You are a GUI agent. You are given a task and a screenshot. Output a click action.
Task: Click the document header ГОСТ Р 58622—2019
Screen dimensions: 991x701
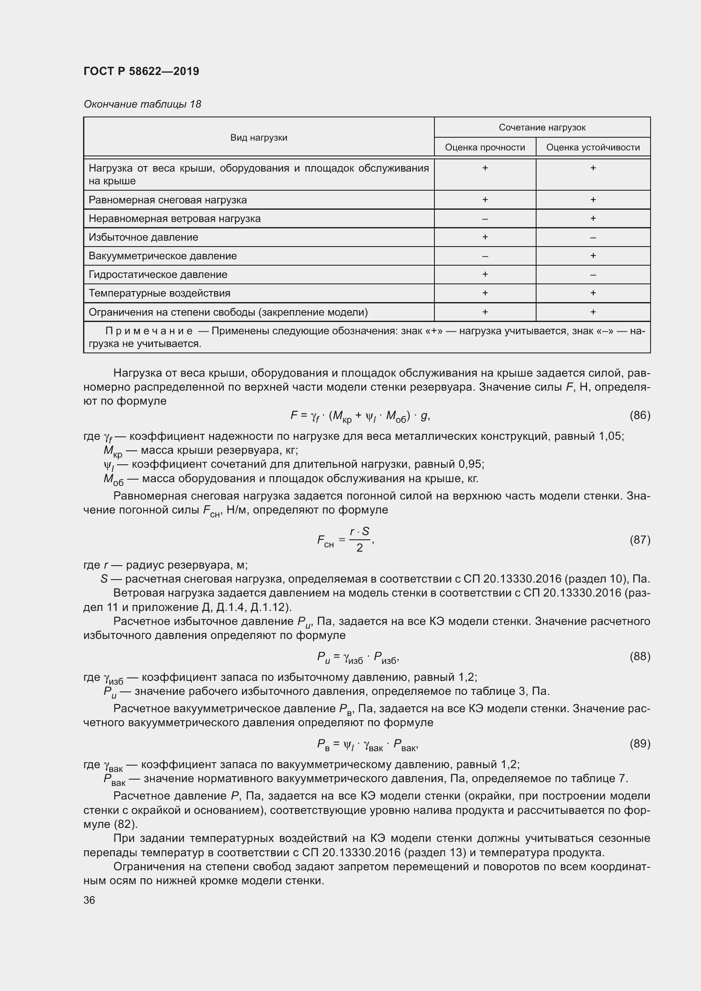pyautogui.click(x=141, y=71)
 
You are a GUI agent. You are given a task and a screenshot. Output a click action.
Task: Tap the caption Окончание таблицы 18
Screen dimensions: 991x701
pyautogui.click(x=142, y=104)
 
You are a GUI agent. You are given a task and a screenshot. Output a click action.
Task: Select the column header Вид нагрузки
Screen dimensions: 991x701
pyautogui.click(x=259, y=138)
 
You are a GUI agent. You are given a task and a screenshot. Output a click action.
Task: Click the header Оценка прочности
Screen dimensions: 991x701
pyautogui.click(x=485, y=147)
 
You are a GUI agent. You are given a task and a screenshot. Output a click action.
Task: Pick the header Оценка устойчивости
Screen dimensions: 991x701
pyautogui.click(x=593, y=147)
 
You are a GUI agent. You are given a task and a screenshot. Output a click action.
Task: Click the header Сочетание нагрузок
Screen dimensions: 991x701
pyautogui.click(x=542, y=128)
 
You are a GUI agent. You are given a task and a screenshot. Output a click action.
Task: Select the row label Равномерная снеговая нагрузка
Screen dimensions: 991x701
pyautogui.click(x=167, y=200)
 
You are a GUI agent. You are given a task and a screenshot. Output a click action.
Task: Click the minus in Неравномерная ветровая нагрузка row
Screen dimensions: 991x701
pyautogui.click(x=485, y=219)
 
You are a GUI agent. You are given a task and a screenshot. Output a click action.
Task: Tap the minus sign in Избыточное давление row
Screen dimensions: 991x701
pyautogui.click(x=593, y=237)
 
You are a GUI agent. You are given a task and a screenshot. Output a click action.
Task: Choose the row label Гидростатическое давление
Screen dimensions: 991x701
pyautogui.click(x=158, y=275)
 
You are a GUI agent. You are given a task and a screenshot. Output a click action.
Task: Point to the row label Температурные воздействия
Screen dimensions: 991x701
pyautogui.click(x=159, y=293)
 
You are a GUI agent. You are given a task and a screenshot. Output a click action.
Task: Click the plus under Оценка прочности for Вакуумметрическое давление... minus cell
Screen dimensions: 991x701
pyautogui.click(x=485, y=256)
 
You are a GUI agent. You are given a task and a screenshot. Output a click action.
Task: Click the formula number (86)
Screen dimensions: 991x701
pyautogui.click(x=640, y=415)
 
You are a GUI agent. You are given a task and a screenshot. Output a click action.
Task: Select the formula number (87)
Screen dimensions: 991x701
pyautogui.click(x=640, y=539)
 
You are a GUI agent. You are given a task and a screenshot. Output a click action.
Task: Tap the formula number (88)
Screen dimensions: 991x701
pyautogui.click(x=640, y=656)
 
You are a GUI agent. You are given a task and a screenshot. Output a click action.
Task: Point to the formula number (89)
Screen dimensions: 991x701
pyautogui.click(x=640, y=743)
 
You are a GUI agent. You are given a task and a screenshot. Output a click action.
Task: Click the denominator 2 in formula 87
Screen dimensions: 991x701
pyautogui.click(x=359, y=548)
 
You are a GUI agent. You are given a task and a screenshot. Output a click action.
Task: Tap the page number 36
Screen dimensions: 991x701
pyautogui.click(x=89, y=900)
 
